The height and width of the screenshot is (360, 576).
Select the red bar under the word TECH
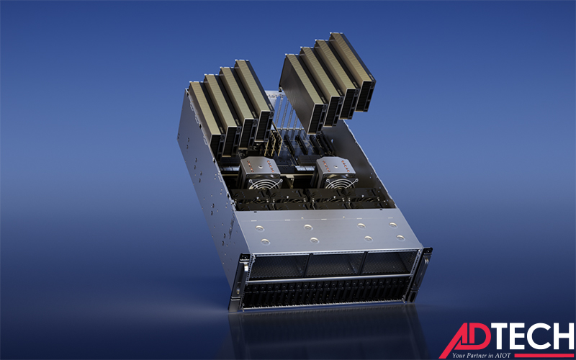coord(544,355)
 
